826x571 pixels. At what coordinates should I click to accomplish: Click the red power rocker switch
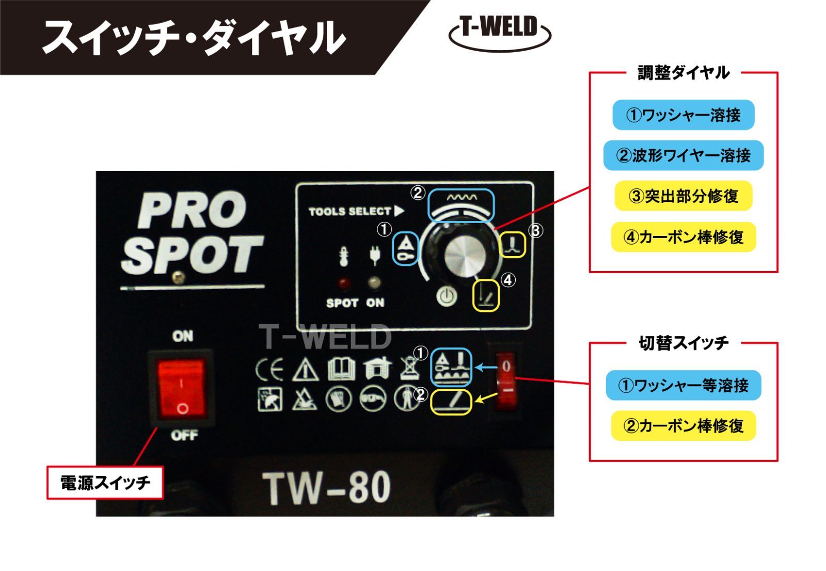181,389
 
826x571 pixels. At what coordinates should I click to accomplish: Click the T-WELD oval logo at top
499,33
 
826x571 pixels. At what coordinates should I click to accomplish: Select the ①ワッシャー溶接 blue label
684,115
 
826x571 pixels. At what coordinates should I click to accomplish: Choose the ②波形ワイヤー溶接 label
684,155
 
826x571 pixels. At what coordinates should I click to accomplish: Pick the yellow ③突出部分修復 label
684,196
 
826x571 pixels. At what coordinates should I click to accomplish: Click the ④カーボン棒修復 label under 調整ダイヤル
684,237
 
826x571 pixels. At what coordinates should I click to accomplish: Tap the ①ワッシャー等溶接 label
684,386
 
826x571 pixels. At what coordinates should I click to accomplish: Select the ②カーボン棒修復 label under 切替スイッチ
684,426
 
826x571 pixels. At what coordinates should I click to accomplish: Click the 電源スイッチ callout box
105,483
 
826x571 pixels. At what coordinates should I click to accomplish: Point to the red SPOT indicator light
344,283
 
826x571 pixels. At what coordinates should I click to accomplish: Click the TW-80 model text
326,489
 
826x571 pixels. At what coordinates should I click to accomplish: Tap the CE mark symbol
269,369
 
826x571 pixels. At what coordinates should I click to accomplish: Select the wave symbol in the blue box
462,198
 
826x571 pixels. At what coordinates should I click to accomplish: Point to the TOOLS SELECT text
350,211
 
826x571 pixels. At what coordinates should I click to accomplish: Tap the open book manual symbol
341,369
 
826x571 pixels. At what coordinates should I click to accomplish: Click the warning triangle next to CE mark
305,370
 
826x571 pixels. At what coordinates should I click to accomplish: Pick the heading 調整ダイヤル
684,73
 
